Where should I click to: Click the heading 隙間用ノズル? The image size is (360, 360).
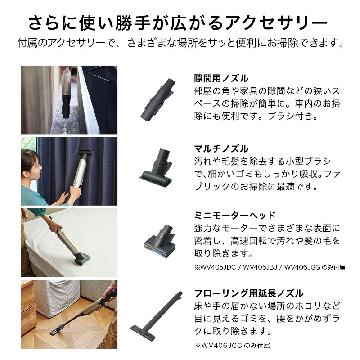pos(221,78)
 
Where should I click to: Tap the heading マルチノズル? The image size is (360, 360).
pos(221,149)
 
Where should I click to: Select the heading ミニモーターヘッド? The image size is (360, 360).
pos(234,216)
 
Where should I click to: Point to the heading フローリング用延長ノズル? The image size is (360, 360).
pos(249,293)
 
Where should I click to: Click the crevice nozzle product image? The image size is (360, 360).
pos(158,99)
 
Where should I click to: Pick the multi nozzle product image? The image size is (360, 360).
pos(157,168)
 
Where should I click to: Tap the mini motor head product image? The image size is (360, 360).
pos(160,241)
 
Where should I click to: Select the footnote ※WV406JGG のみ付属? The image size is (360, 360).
pos(232,345)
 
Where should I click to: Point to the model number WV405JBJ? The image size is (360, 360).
pos(260,267)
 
